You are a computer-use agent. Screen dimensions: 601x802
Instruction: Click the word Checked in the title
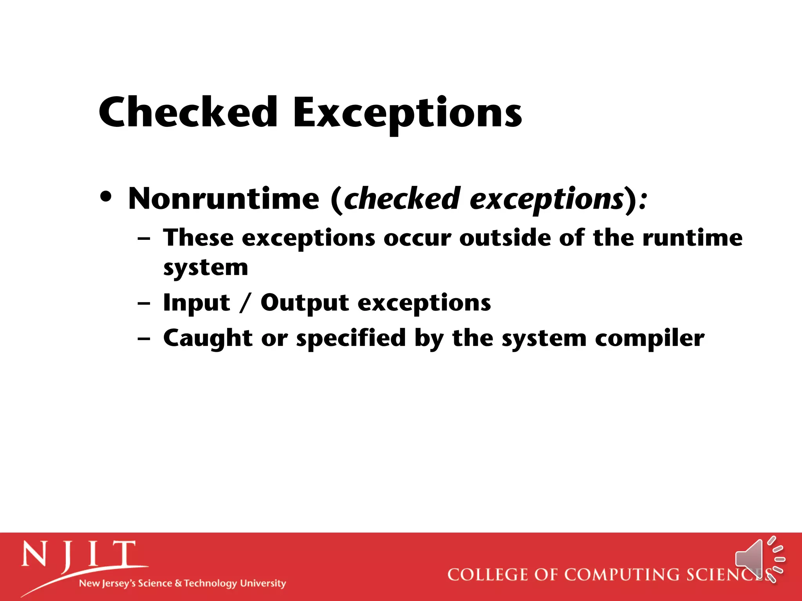coord(188,112)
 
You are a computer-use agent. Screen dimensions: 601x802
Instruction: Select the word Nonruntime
coord(224,199)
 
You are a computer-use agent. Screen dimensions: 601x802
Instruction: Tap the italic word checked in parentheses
coord(402,199)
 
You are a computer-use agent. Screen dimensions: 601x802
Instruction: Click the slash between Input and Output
coord(245,303)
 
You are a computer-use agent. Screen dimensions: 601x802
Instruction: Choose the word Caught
coord(208,338)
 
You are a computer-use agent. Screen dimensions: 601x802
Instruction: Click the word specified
coord(350,339)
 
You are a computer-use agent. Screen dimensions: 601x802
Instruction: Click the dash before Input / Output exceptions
coord(144,303)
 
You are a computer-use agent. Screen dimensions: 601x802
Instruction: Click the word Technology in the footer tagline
coord(210,583)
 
